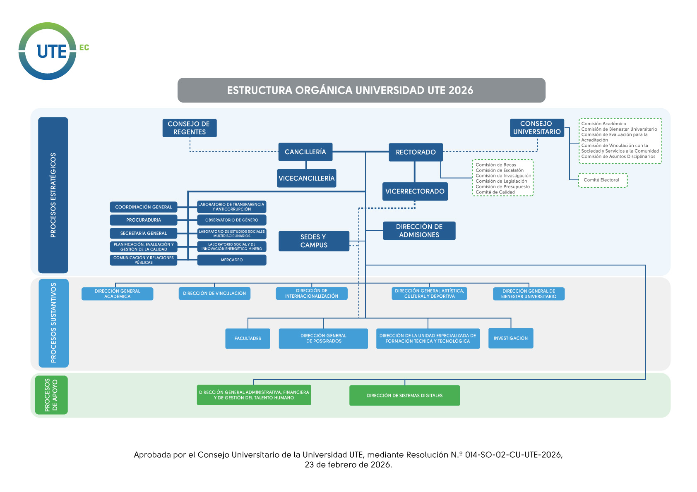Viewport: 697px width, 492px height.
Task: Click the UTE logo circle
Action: coord(48,51)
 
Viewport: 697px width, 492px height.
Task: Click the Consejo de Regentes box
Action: coord(189,128)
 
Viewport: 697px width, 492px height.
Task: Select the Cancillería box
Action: coord(305,152)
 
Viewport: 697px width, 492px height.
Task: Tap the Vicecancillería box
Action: coord(306,178)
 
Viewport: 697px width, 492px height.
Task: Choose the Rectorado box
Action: coord(416,152)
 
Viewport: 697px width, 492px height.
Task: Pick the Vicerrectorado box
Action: coord(415,191)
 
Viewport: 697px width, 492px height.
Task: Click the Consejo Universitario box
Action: coord(537,128)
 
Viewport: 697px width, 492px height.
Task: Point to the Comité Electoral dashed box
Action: coord(603,180)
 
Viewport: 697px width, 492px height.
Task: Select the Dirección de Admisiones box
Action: coord(419,231)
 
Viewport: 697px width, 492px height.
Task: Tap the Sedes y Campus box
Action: coord(314,241)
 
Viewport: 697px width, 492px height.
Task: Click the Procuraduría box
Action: coord(144,220)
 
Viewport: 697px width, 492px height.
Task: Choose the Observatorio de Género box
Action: coord(232,220)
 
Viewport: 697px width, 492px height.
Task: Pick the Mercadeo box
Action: coord(232,260)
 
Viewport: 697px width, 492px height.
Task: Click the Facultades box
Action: coord(248,339)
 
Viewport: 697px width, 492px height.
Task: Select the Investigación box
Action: coord(510,338)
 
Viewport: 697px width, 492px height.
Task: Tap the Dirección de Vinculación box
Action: coord(214,294)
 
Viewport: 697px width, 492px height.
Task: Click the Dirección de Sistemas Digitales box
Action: coord(404,396)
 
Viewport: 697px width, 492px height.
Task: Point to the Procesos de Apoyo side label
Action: coord(51,395)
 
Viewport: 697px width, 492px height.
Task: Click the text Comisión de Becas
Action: coord(495,165)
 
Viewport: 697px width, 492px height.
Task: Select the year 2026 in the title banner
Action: coord(461,90)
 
